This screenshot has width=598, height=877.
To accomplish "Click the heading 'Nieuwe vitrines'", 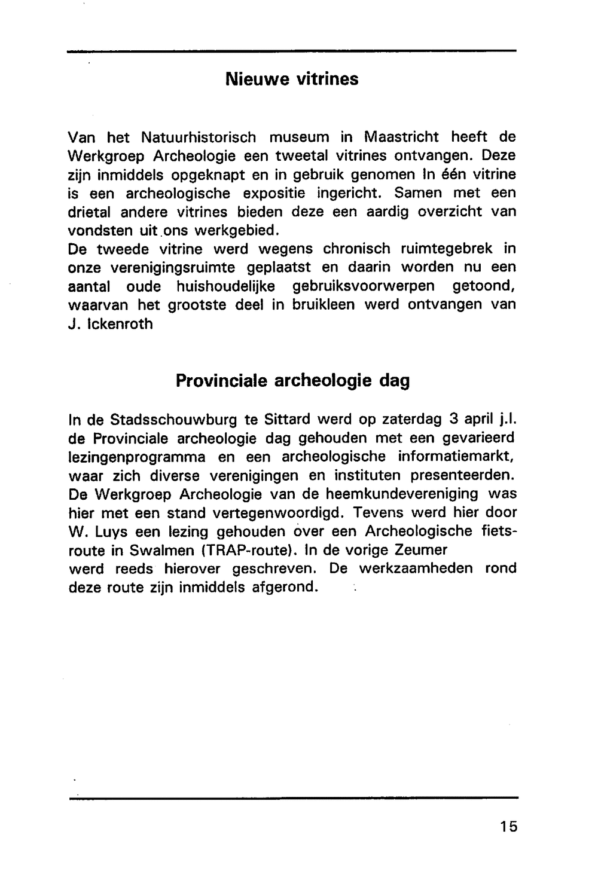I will click(292, 80).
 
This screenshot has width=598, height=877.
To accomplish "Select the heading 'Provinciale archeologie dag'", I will click(292, 381).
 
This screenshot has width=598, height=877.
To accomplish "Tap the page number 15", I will click(509, 827).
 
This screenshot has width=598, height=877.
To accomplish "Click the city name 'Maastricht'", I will click(401, 137).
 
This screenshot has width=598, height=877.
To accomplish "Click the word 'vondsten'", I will click(96, 231).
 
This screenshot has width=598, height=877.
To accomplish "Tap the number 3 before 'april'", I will click(453, 419).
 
